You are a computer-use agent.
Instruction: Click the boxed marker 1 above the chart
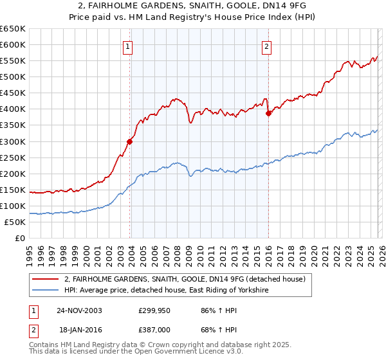(127, 46)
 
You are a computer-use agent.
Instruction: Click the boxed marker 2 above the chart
(266, 46)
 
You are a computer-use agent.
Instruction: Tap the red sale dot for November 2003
(129, 141)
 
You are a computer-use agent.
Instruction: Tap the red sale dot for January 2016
(268, 113)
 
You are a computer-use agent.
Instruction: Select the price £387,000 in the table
(156, 329)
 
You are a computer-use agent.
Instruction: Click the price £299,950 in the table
(156, 310)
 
